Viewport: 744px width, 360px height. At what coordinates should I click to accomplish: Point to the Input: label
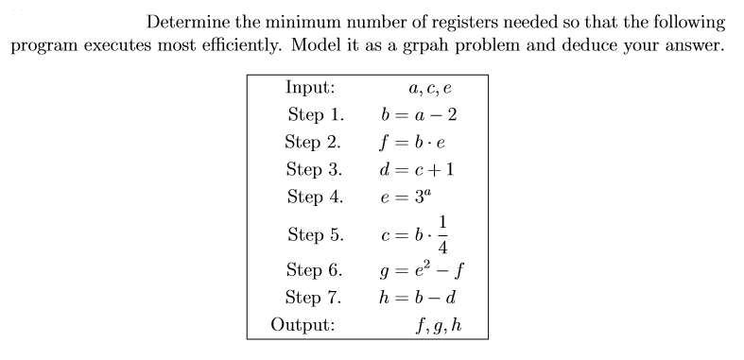(309, 88)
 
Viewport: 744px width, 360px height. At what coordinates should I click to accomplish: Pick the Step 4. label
(314, 197)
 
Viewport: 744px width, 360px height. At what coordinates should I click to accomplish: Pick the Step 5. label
(314, 234)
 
